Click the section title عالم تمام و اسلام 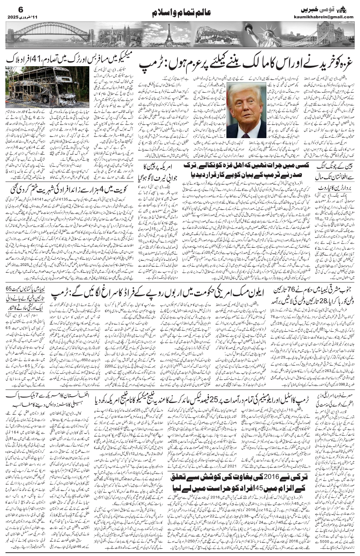180,13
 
